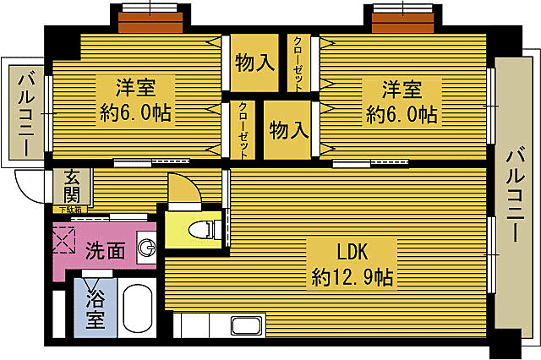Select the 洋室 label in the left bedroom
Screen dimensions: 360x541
(x=135, y=87)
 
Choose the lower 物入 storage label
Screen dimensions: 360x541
(x=287, y=129)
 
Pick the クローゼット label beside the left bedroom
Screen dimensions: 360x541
(x=243, y=129)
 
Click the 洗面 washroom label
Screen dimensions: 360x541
(x=105, y=250)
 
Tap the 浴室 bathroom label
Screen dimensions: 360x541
(x=95, y=309)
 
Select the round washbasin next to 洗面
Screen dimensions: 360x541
(x=147, y=248)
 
